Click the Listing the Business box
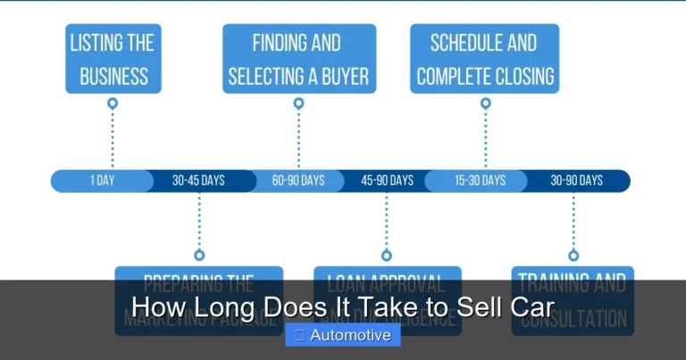113,59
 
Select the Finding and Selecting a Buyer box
298,59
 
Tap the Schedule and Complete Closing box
485,59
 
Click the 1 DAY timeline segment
102,180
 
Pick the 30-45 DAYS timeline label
198,180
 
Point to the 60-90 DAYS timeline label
298,180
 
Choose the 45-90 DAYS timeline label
387,180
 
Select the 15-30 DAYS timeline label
480,180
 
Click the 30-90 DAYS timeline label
576,180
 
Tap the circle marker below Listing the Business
113,104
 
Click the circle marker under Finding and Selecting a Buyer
298,104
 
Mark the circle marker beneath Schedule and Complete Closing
485,104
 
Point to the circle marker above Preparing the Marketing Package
199,255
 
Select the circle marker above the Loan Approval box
387,255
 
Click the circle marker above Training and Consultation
573,255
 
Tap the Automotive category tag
343,336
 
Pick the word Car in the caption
534,307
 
